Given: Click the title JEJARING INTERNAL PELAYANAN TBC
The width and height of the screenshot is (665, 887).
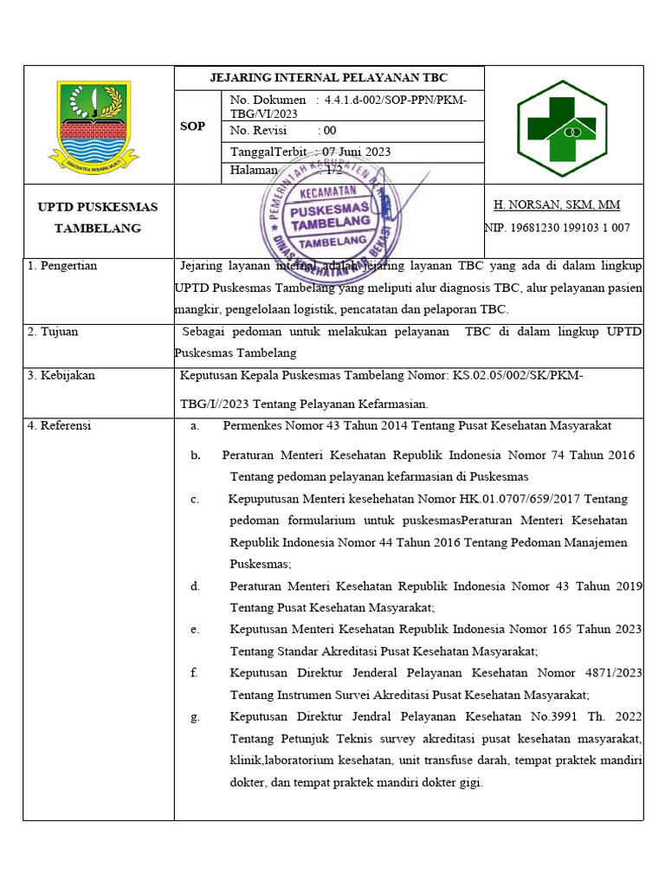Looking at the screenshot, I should click(x=329, y=77).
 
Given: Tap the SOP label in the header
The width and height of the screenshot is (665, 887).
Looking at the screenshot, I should click(x=192, y=126).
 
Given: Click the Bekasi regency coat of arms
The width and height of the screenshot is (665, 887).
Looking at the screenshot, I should click(x=93, y=125).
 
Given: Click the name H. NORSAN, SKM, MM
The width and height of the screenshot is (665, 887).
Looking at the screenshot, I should click(x=556, y=205).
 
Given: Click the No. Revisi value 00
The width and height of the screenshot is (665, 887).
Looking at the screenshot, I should click(x=329, y=131).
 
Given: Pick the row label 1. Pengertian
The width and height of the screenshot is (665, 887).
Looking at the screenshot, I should click(x=62, y=266).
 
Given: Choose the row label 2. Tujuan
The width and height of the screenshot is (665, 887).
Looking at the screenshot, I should click(x=53, y=332).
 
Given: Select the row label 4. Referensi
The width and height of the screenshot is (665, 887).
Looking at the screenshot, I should click(x=59, y=425).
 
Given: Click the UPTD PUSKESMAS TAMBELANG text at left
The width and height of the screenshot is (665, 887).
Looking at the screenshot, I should click(x=89, y=217).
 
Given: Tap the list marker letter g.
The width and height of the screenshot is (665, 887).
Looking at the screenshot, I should click(x=195, y=716).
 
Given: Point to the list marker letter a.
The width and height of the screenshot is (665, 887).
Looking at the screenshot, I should click(x=195, y=425).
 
